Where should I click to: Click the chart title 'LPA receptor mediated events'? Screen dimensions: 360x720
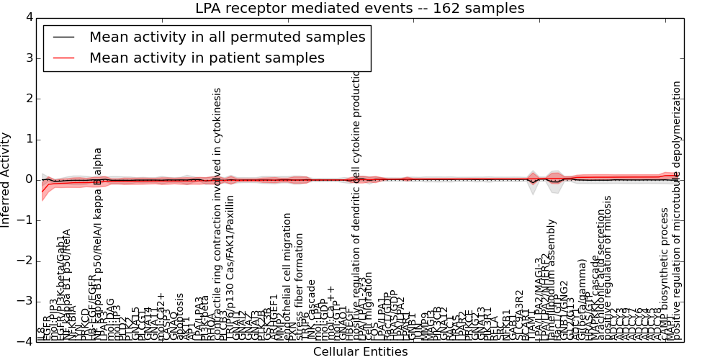pos(359,9)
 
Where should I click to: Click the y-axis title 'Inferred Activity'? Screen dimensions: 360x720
pos(6,179)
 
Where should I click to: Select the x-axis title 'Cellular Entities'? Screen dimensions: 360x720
pos(360,352)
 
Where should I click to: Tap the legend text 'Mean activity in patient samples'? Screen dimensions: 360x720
pos(207,58)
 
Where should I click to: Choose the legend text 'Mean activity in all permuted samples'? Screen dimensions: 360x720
pos(227,37)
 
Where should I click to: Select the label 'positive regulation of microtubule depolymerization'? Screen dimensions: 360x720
pos(676,210)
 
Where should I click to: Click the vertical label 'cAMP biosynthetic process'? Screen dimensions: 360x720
pos(665,274)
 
